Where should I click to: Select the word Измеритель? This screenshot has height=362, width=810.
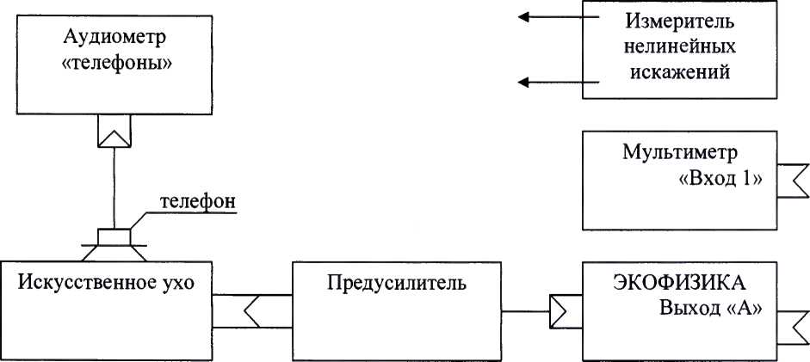click(x=679, y=21)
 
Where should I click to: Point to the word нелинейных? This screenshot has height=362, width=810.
click(x=679, y=47)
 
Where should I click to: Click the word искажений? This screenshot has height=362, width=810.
click(x=679, y=71)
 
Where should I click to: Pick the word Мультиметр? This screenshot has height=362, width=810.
click(x=680, y=153)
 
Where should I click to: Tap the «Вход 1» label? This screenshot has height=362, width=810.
click(x=719, y=179)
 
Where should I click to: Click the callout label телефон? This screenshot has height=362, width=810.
click(x=198, y=201)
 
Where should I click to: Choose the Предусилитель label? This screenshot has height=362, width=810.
click(x=397, y=283)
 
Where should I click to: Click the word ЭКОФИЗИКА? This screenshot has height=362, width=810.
click(x=680, y=283)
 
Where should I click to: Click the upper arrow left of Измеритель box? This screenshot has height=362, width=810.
click(x=559, y=17)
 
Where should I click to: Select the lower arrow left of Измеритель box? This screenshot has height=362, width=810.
click(x=559, y=82)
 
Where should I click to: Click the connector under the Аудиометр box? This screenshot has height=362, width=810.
click(x=114, y=131)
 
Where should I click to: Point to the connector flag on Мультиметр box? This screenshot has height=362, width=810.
click(x=793, y=181)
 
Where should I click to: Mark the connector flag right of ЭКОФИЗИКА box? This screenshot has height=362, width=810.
click(x=793, y=328)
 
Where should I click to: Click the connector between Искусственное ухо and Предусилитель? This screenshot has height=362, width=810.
click(x=252, y=311)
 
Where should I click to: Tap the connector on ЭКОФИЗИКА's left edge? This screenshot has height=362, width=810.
click(x=566, y=311)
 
